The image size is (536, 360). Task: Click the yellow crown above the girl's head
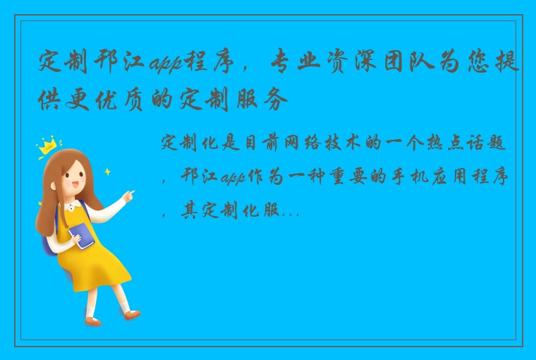tap(48, 145)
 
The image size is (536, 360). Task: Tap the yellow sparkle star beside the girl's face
tap(107, 171)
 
